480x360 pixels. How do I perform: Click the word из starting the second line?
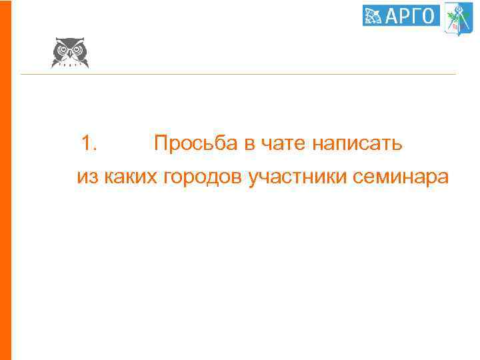[87, 178]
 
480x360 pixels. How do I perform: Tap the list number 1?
[89, 143]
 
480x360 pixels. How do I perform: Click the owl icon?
[70, 52]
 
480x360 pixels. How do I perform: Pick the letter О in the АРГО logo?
[429, 15]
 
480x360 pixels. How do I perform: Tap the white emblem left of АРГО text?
[374, 15]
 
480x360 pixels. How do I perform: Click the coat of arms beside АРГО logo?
[459, 16]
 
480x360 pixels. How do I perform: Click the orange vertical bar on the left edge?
[5, 180]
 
